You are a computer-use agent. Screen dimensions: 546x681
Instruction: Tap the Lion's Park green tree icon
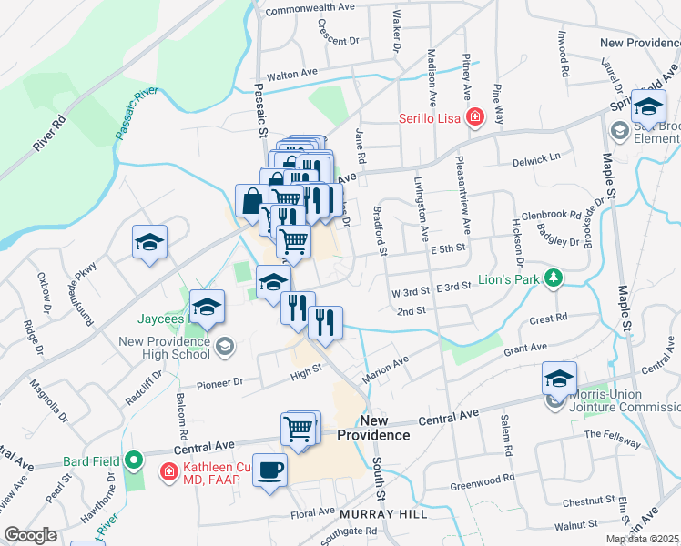point(552,277)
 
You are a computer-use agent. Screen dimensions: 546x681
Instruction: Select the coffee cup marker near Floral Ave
point(269,470)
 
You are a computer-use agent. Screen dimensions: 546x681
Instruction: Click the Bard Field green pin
point(135,461)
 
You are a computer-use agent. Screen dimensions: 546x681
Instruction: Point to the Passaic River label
point(137,113)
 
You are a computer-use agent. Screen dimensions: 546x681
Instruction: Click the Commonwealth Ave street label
point(309,6)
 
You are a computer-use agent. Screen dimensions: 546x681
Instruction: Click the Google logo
point(30,535)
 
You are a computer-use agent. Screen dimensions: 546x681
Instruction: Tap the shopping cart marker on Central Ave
point(300,428)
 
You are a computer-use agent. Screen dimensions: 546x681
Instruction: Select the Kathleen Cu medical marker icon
point(168,471)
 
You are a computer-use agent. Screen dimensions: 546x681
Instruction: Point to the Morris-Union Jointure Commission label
point(619,401)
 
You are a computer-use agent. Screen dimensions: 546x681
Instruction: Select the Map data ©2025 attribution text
point(642,539)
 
